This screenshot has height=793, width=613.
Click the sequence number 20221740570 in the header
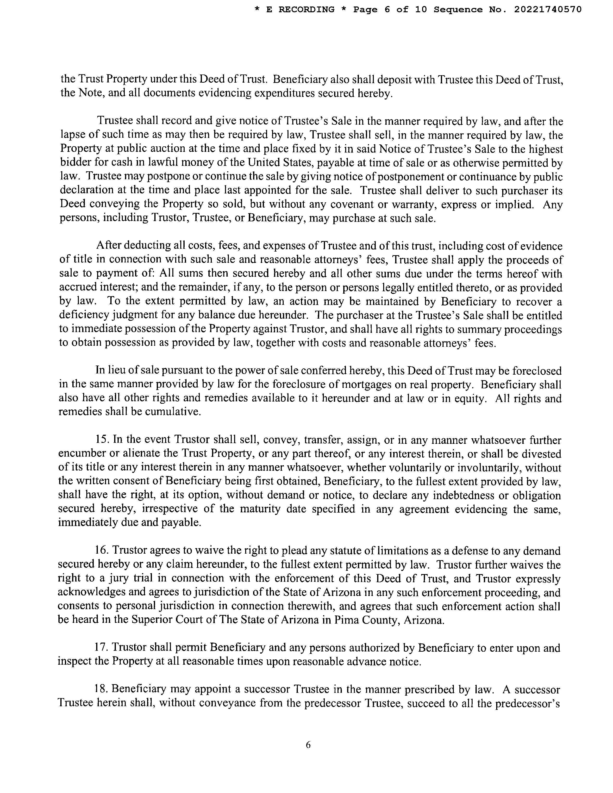pos(548,10)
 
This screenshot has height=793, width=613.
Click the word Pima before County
pos(346,620)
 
